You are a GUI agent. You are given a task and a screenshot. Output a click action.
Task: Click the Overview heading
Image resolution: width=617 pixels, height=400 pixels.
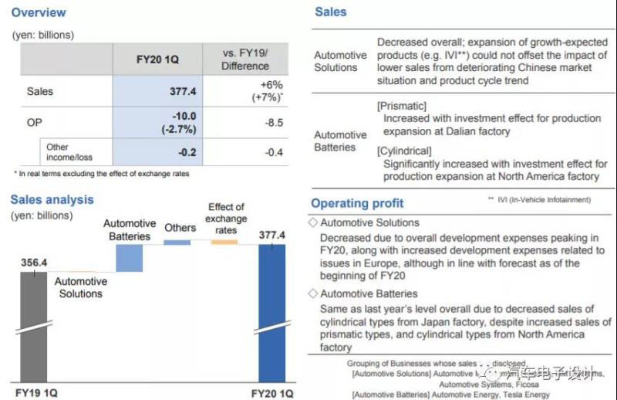click(x=39, y=12)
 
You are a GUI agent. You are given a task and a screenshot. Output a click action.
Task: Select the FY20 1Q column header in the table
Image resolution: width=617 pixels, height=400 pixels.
click(x=157, y=59)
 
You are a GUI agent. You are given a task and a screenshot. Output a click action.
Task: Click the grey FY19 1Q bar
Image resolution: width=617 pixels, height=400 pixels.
click(x=33, y=324)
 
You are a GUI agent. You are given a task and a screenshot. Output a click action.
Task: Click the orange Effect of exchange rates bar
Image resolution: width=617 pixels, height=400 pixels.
click(x=224, y=242)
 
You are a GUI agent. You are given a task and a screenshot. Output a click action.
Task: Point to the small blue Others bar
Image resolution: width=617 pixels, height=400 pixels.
click(x=177, y=242)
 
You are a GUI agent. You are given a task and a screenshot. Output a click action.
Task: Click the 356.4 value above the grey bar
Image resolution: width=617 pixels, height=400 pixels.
click(x=33, y=263)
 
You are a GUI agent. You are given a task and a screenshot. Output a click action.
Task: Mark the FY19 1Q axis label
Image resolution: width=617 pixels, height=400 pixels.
click(x=34, y=393)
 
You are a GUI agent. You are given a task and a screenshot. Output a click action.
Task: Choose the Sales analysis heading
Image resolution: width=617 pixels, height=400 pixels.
click(x=52, y=199)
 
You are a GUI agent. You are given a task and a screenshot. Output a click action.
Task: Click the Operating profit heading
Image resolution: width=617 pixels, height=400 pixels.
click(x=357, y=203)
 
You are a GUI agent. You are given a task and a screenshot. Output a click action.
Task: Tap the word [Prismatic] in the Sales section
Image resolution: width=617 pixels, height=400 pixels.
click(x=402, y=105)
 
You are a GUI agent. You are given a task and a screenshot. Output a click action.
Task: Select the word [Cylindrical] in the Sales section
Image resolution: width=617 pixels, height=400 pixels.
click(x=404, y=151)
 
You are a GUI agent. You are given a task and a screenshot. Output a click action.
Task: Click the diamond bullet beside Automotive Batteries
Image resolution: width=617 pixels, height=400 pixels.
click(x=312, y=294)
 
